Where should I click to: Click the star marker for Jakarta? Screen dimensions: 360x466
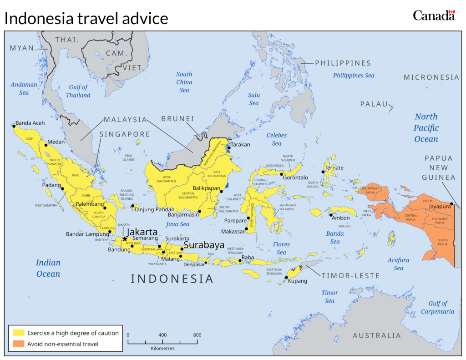[125, 239]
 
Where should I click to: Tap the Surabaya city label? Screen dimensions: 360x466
[204, 245]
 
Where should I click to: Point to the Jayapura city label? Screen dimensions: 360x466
[439, 206]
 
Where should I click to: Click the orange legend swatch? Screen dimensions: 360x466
[19, 344]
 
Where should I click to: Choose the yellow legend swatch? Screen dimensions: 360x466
[19, 333]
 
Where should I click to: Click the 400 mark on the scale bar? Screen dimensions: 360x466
[162, 335]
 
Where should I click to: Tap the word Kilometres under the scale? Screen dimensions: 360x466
[162, 348]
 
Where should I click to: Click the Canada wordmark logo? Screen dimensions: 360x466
[434, 15]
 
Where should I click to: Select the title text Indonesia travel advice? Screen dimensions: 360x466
[86, 18]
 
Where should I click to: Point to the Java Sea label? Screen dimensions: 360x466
[178, 224]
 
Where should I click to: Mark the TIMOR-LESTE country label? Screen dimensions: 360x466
[350, 276]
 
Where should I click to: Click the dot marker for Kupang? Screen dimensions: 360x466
[286, 277]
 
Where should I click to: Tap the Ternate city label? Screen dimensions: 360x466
[334, 168]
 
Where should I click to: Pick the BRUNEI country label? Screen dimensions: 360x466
[177, 119]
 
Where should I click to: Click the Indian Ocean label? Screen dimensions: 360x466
[48, 268]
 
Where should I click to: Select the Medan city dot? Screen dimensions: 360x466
[46, 145]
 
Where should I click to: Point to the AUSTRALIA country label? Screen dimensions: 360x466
[377, 335]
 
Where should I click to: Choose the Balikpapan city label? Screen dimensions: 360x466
[206, 188]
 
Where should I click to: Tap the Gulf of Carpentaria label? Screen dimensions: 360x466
[437, 307]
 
